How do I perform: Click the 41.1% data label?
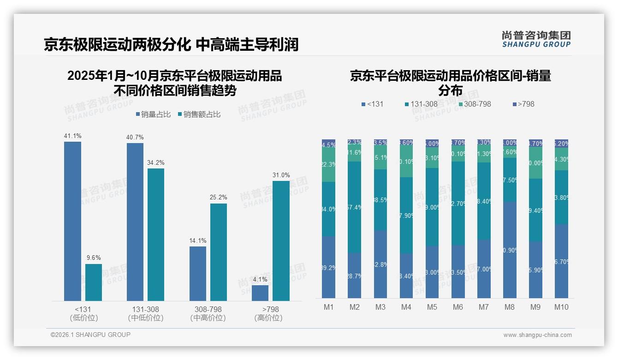tap(72, 136)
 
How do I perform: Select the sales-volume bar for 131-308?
tap(135, 222)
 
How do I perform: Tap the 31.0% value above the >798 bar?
tap(281, 175)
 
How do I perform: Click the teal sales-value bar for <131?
tap(94, 282)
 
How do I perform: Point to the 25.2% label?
tap(219, 198)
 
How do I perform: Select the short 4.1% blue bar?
tap(260, 293)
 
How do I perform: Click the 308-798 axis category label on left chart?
tap(208, 309)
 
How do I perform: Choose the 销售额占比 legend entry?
tap(199, 114)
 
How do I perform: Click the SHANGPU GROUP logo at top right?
tap(536, 39)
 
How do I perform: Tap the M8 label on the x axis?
tap(510, 307)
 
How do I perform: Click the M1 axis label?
tap(329, 307)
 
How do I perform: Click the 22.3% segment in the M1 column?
tap(329, 165)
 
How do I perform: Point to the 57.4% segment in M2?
tap(355, 207)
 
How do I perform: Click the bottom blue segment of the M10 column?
tap(561, 261)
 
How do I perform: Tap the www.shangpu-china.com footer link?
tap(537, 335)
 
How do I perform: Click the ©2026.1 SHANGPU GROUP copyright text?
tap(90, 335)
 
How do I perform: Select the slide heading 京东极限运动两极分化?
tap(117, 45)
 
